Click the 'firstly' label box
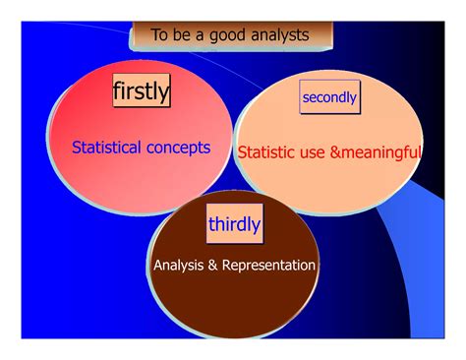click(x=141, y=91)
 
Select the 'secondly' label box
click(x=329, y=97)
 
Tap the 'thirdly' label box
click(x=235, y=224)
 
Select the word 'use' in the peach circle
click(x=320, y=152)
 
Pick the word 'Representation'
click(x=268, y=266)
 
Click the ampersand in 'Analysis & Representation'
click(x=215, y=266)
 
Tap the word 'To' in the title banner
click(x=160, y=35)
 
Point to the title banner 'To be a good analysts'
click(x=231, y=35)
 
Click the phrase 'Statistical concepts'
click(x=142, y=148)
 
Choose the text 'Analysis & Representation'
click(x=234, y=266)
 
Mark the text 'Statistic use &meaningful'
click(x=329, y=152)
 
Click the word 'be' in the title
click(x=183, y=35)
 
